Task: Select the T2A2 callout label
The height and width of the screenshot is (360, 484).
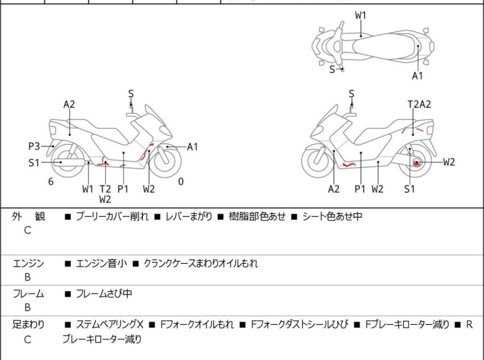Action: coord(419,104)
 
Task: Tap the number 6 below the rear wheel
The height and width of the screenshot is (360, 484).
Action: coord(51,182)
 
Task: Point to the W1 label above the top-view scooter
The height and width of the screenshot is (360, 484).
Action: coord(361,15)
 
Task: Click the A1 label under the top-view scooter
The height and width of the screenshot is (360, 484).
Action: coord(417,76)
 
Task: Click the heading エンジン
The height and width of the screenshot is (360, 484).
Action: coord(28,263)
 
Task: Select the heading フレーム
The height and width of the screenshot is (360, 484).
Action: coord(28,294)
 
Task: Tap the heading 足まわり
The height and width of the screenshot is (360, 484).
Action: coord(28,325)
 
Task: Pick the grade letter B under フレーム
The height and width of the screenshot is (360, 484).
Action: coord(28,308)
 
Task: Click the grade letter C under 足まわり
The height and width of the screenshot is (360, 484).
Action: coord(28,339)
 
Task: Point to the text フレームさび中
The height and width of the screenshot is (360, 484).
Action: coord(104,294)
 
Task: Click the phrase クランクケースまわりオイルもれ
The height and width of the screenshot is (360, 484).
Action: coord(201,263)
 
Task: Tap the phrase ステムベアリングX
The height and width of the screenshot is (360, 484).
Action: coord(110,325)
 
